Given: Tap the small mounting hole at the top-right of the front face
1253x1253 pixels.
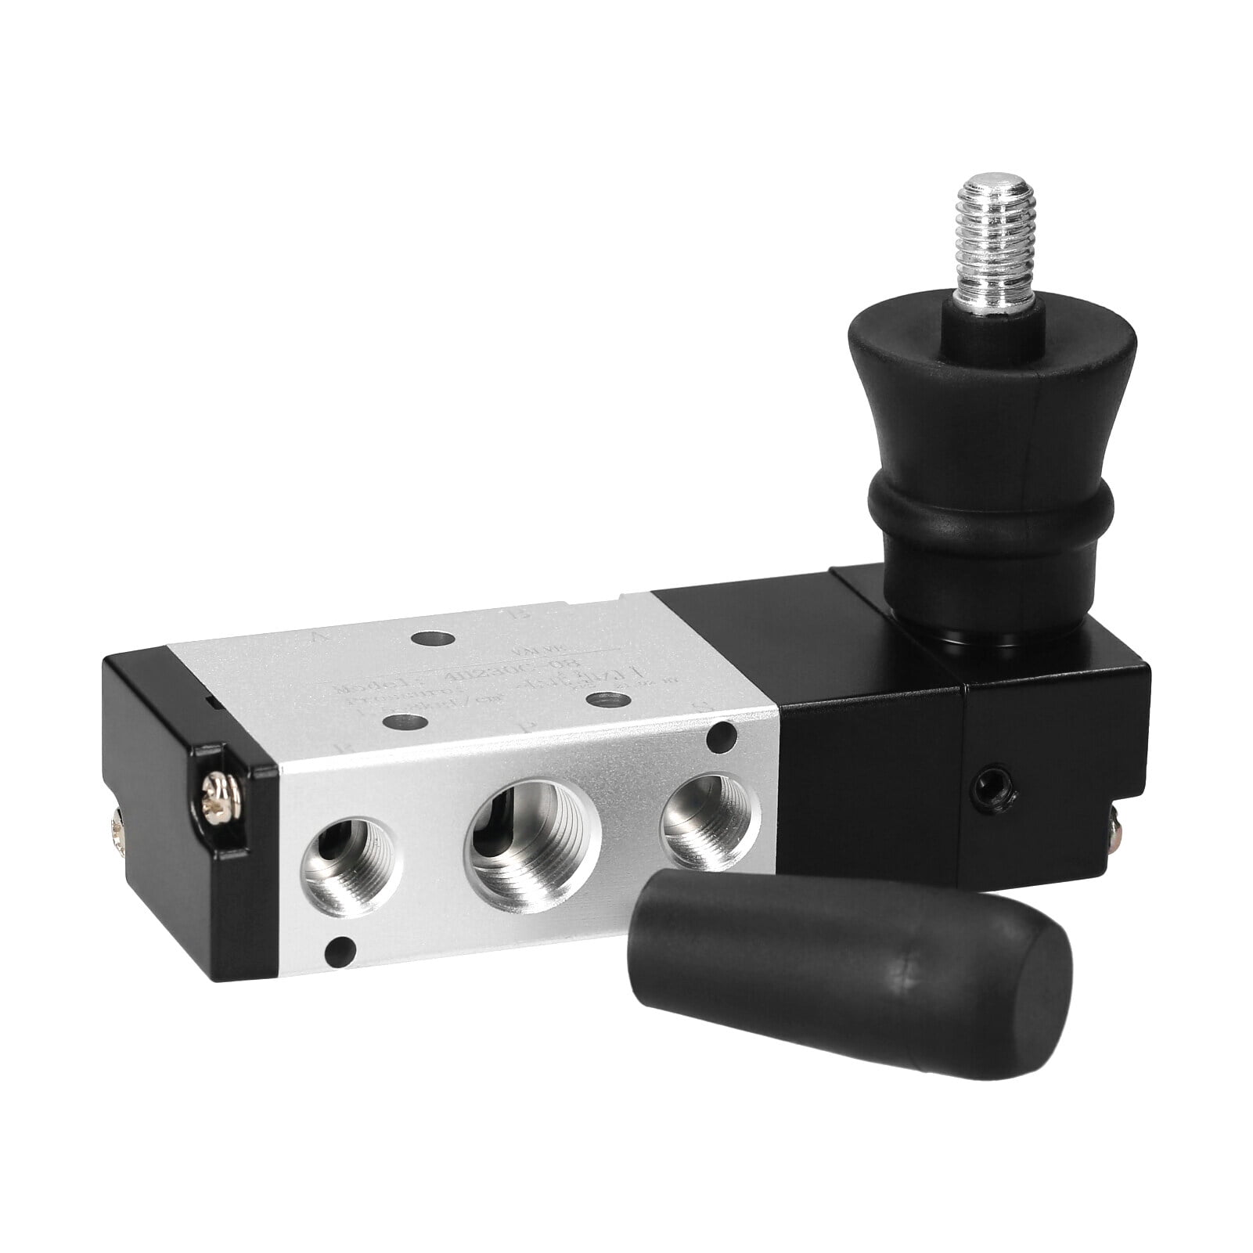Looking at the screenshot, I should tap(721, 735).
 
